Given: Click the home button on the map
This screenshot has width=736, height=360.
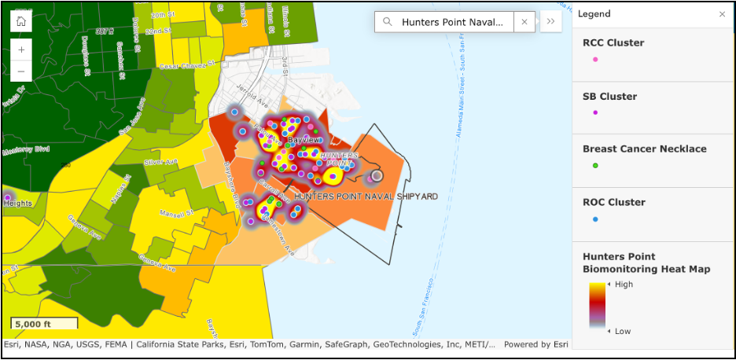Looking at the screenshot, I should coord(21,21).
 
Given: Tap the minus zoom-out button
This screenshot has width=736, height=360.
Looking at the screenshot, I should coord(21,71).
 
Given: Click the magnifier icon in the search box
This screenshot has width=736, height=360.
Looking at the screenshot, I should coord(388,22).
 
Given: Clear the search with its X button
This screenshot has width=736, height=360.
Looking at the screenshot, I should coord(524,22).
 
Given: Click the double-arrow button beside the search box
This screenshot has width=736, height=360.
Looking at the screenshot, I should coord(550,22).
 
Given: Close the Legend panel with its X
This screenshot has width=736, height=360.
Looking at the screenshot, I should coord(723,14).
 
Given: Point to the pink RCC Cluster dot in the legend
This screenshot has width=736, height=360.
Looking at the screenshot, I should coord(595,59).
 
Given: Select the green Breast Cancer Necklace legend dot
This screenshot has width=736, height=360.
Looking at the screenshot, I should coord(595,165).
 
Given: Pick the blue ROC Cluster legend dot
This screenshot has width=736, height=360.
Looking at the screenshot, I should coord(595,219).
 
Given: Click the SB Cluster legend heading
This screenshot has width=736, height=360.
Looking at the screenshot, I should coord(609,97).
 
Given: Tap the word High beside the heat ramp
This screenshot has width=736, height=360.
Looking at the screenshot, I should coord(623,285).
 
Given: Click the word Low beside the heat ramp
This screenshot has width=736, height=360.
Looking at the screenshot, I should coord(622,331).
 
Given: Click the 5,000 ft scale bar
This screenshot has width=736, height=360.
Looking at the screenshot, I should coord(44,323).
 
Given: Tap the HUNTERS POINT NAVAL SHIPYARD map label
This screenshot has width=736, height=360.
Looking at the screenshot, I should coord(366,197).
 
